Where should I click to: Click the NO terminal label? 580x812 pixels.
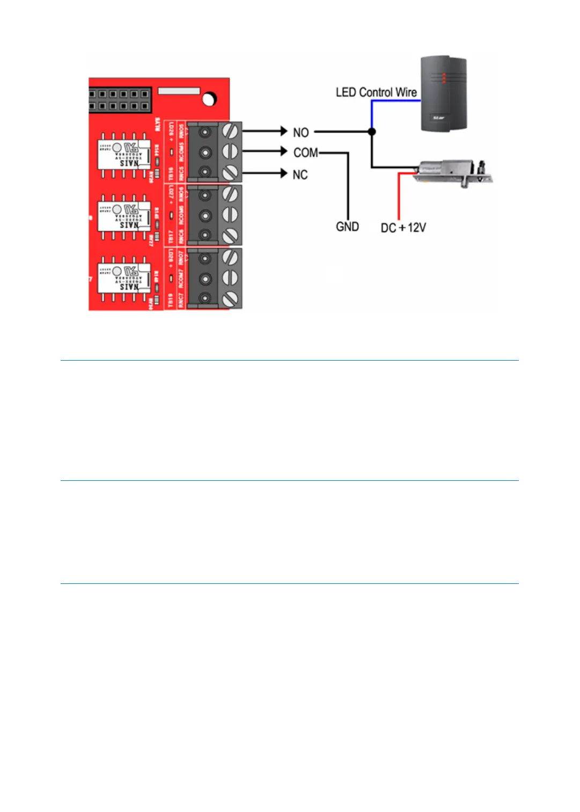point(300,133)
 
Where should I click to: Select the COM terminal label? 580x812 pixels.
point(305,153)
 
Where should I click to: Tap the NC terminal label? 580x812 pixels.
point(300,174)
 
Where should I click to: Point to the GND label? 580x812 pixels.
point(347,227)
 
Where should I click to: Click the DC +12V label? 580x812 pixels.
point(403,228)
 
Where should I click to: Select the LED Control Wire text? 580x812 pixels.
point(376,92)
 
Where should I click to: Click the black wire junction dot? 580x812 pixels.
point(372,131)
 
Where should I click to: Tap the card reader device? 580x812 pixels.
point(443,94)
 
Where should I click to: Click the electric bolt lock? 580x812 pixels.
point(453,171)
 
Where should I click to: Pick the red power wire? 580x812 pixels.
point(399,199)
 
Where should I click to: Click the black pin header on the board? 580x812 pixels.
point(119,100)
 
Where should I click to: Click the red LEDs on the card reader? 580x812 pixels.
point(444,78)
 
